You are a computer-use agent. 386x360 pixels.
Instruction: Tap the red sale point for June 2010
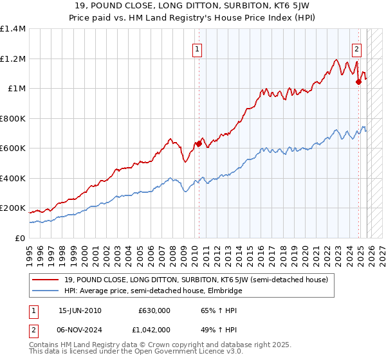point(199,144)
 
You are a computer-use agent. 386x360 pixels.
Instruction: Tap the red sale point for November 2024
point(359,82)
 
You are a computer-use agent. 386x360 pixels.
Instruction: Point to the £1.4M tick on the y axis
point(13,29)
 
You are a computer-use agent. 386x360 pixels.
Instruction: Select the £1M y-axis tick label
point(16,89)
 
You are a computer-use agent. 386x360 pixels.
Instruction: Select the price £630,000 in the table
point(154,310)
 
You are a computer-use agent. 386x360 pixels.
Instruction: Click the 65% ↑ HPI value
point(210,310)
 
